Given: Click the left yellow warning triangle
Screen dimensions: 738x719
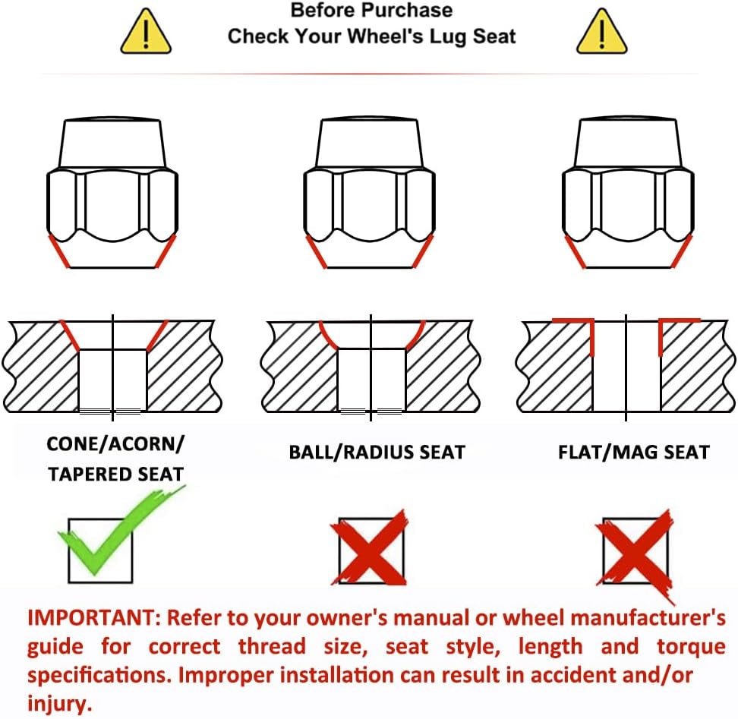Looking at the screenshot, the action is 146,32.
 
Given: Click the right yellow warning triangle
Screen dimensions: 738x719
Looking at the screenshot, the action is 602,32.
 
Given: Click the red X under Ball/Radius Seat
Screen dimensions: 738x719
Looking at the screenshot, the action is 370,547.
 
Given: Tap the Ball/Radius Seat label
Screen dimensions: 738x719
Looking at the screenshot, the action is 377,453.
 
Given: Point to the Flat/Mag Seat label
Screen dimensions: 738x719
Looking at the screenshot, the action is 633,453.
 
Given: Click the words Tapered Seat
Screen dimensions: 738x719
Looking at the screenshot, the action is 115,475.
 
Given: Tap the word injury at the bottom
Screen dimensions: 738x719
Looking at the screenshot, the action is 59,705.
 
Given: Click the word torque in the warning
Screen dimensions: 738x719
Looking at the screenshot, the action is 691,647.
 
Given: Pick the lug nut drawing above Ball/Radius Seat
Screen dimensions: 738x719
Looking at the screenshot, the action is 370,192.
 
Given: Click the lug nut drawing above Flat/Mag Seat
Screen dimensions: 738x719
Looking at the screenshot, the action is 628,192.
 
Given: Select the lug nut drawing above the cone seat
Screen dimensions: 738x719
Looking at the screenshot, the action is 112,192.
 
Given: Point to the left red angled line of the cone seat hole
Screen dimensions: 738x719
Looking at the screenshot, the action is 70,335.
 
